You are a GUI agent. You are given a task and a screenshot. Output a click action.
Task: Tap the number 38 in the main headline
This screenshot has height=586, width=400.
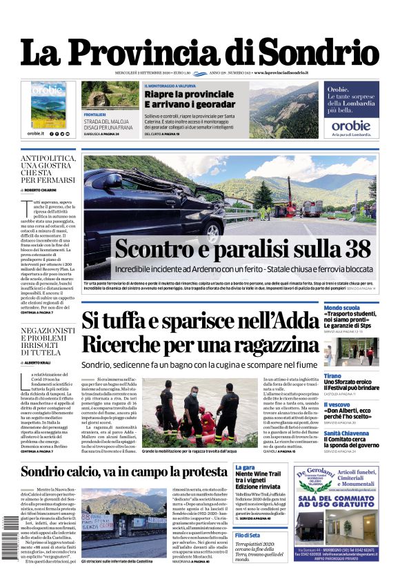point(353,248)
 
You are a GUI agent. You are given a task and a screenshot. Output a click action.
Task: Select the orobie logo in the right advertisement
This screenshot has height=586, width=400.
point(351,126)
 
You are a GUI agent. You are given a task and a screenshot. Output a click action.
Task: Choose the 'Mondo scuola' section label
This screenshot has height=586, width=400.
point(341,307)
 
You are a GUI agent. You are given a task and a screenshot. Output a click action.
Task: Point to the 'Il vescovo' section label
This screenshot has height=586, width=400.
point(338,405)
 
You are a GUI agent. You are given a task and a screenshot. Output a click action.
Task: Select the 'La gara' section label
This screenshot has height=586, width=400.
point(244,467)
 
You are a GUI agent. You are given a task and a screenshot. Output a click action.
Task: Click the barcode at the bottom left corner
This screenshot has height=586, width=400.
point(10,539)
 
